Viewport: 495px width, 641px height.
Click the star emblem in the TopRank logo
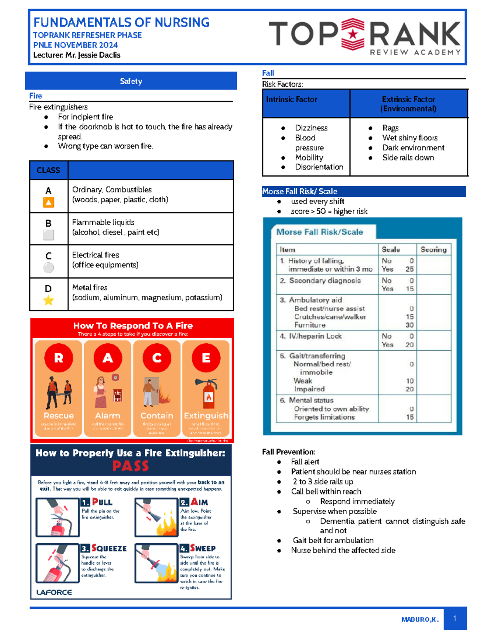pos(353,34)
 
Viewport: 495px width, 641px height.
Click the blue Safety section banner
pos(131,81)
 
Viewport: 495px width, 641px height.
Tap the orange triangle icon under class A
pos(49,202)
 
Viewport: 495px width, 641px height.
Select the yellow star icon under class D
pos(49,300)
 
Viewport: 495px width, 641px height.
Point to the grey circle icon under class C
pos(49,268)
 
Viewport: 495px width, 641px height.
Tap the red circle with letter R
pos(59,358)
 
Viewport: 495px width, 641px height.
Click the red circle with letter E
pos(206,358)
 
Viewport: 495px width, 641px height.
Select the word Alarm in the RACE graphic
pos(108,416)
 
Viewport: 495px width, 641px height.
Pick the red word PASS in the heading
pos(130,466)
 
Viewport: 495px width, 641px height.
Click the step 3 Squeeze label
pos(104,548)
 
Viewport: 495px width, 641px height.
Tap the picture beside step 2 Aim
pos(156,517)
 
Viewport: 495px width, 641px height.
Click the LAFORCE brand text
pos(54,592)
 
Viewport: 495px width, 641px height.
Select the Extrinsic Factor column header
pos(408,104)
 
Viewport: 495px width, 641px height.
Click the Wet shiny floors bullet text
pos(410,138)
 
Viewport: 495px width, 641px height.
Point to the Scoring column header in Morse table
pos(434,249)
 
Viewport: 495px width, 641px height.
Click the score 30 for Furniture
pos(409,325)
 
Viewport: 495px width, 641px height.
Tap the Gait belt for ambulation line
pos(333,540)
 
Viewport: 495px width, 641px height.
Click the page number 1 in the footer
pos(455,618)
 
